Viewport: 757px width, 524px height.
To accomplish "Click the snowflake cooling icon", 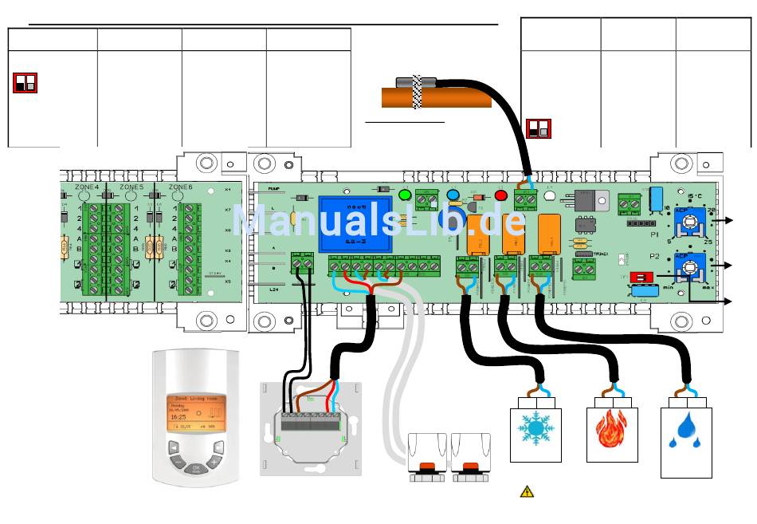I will (x=535, y=428).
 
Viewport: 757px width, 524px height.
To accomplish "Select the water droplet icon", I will (x=685, y=430).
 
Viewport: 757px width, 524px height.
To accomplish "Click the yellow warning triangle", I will (x=527, y=491).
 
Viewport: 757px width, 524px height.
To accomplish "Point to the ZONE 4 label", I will (x=86, y=186).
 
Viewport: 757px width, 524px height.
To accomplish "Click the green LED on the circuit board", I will (x=404, y=195).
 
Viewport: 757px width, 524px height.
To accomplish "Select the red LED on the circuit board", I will (x=500, y=195).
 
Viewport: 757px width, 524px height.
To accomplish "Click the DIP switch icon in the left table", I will (x=25, y=82).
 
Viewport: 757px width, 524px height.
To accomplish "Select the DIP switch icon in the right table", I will (x=538, y=128).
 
